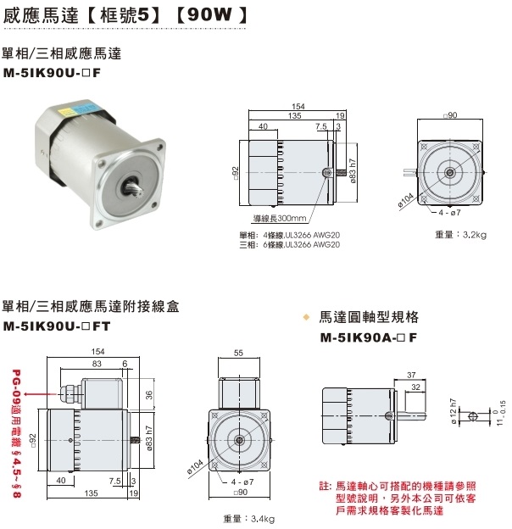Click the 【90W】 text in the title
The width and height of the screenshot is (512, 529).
[211, 14]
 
